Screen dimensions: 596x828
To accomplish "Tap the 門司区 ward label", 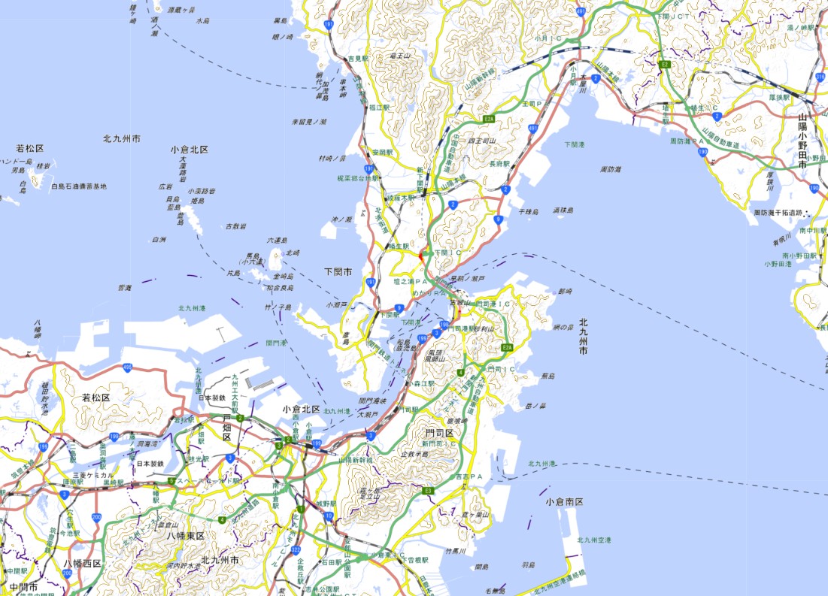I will point(439,434).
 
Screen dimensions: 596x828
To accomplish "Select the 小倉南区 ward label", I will point(565,501).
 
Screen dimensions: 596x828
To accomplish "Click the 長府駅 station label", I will point(500,163).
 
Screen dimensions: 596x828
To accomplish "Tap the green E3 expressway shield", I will point(428,491).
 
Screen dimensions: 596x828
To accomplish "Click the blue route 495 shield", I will point(128,368).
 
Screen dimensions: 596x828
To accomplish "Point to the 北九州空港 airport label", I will point(594,540).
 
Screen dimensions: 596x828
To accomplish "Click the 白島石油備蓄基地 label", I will point(79,186).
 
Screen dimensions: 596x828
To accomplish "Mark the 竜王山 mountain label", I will point(399,56).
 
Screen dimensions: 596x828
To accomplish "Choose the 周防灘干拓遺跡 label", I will point(785,213).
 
